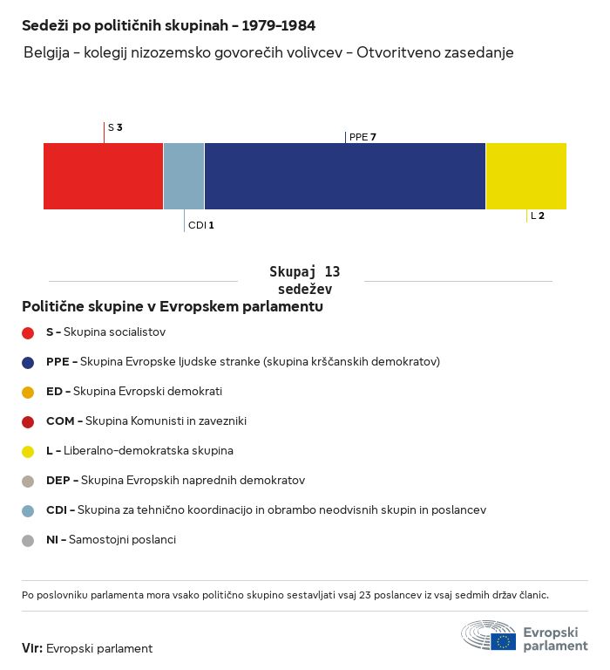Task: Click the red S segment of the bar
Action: click(104, 176)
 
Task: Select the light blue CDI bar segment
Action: click(184, 176)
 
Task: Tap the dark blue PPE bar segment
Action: click(345, 176)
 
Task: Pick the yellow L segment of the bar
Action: click(526, 176)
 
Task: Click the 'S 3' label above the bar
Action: click(115, 127)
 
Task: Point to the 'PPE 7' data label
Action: click(363, 137)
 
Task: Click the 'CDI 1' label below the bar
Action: click(201, 225)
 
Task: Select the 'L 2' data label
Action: click(538, 215)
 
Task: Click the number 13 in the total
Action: click(332, 272)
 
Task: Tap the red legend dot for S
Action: click(28, 333)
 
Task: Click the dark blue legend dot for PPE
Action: click(28, 363)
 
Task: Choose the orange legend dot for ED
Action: click(28, 393)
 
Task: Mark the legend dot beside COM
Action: click(28, 422)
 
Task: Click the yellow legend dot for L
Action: click(28, 452)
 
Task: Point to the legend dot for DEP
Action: click(28, 482)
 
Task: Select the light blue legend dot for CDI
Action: click(28, 511)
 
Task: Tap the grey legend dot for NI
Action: click(28, 541)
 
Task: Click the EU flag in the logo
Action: click(503, 641)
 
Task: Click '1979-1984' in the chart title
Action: click(278, 25)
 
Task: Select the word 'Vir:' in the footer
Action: click(32, 648)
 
